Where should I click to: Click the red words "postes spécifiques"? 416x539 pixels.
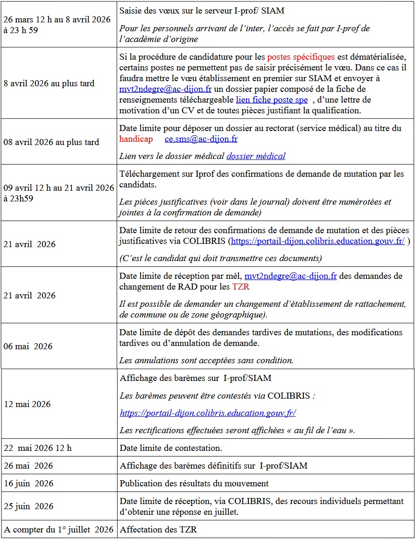pos(301,57)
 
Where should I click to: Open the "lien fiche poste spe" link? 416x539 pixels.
pos(272,99)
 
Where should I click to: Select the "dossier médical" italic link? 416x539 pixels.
pos(256,156)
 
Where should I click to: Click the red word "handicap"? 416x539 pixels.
pos(136,139)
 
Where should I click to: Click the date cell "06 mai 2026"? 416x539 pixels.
pos(28,346)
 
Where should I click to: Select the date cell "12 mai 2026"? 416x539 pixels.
pos(27,404)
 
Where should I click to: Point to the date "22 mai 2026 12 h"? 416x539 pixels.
pos(38,448)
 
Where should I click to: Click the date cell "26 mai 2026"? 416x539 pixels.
pos(28,466)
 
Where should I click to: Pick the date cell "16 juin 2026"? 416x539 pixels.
pos(28,484)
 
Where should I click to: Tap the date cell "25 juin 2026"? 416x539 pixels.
pos(28,506)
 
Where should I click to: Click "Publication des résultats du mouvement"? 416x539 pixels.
pos(194,484)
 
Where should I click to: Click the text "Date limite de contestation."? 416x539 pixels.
pos(170,448)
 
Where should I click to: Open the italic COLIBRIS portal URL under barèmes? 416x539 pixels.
pos(208,413)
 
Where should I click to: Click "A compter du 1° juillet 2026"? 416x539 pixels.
pos(59,530)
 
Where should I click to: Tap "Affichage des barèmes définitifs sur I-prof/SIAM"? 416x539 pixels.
pos(213,466)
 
